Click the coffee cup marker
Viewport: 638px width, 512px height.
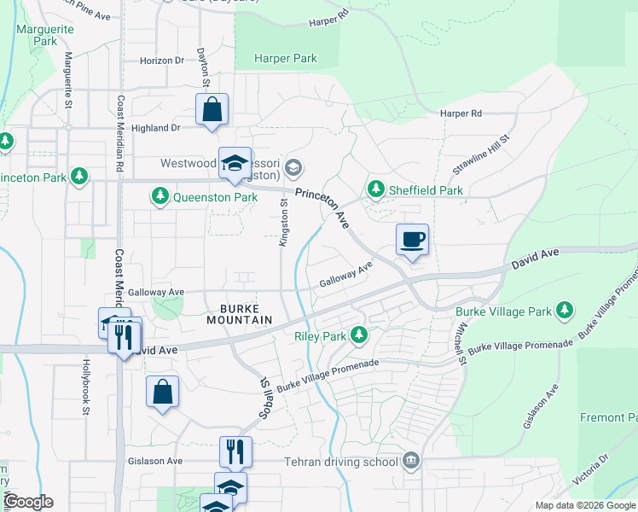[413, 240]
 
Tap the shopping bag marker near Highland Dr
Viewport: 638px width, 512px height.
[212, 110]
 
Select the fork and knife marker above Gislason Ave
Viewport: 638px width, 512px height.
[235, 451]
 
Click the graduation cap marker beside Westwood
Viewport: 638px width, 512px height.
[234, 164]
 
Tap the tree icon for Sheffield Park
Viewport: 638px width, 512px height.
[374, 189]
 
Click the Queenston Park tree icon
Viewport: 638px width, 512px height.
[159, 197]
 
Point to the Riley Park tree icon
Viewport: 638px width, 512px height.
[359, 336]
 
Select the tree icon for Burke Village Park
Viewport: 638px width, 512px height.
[563, 312]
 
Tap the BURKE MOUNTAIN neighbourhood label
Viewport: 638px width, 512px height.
[239, 313]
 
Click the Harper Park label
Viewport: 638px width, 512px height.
[286, 59]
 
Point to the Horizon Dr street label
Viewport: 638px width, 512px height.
[161, 61]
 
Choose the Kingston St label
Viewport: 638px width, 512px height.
[282, 222]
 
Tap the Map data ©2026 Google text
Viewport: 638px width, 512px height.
[584, 504]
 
